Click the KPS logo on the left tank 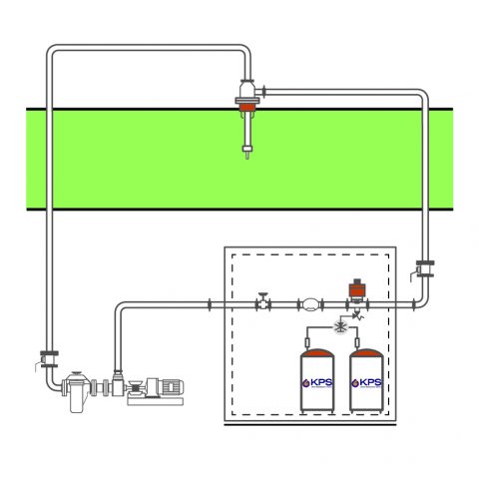click(x=319, y=382)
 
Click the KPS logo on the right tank click(x=366, y=382)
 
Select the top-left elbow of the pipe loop click(x=53, y=51)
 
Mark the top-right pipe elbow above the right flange click(x=421, y=98)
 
